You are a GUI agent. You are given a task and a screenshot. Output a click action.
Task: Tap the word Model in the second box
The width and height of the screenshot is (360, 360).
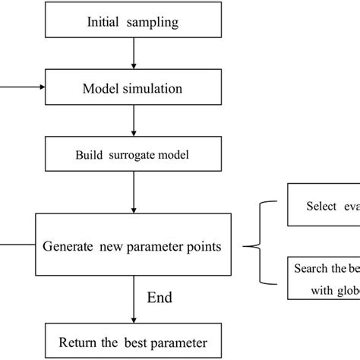click(99, 88)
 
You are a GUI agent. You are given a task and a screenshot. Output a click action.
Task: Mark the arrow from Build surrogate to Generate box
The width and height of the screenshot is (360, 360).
click(134, 194)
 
